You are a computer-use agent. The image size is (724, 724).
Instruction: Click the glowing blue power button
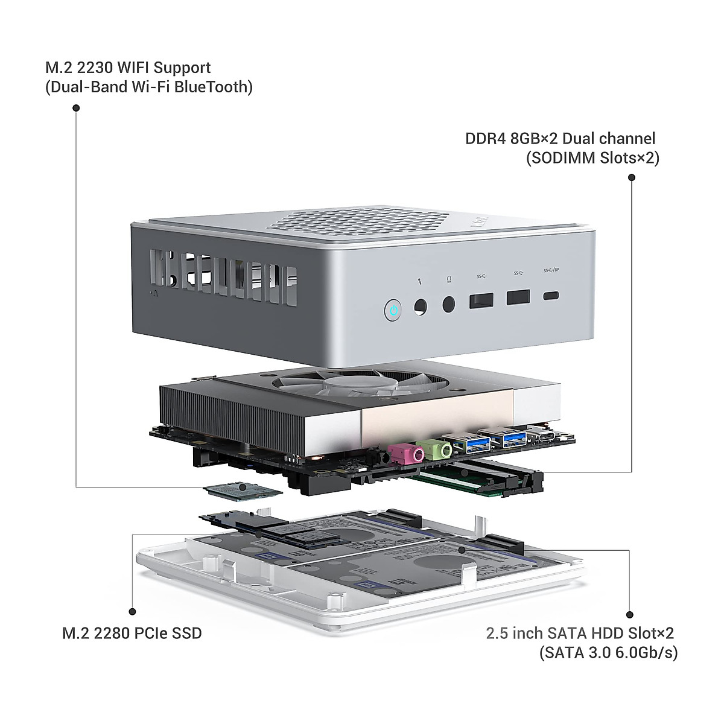[x=393, y=310]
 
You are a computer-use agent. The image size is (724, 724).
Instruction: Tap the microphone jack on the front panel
[x=421, y=307]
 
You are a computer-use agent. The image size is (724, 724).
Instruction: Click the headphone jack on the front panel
[x=449, y=304]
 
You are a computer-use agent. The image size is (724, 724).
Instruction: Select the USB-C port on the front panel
[x=551, y=296]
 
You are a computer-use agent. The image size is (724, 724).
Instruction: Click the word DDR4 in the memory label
[x=486, y=139]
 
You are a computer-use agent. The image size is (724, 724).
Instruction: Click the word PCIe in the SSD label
[x=151, y=634]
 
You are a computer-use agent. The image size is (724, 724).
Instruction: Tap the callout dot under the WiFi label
[x=76, y=108]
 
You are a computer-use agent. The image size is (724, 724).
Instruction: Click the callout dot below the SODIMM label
[x=632, y=177]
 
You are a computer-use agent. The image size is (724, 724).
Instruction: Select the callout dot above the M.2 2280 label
[x=132, y=612]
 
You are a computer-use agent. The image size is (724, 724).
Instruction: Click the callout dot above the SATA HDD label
[x=630, y=615]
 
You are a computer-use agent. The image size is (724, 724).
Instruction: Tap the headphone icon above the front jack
[x=449, y=279]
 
